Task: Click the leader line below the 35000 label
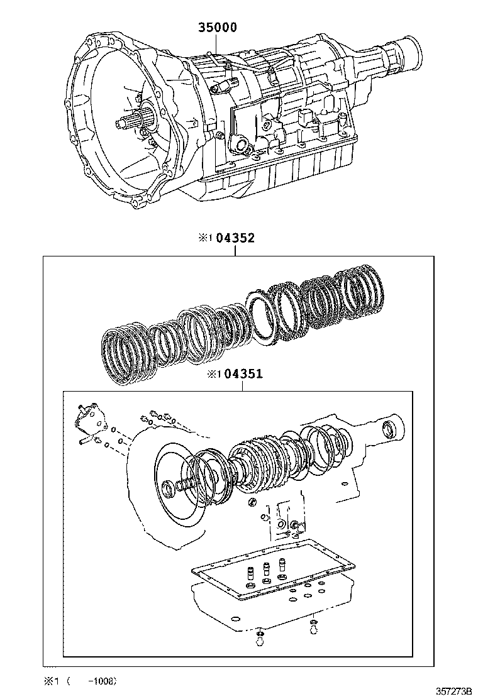coord(215,45)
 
